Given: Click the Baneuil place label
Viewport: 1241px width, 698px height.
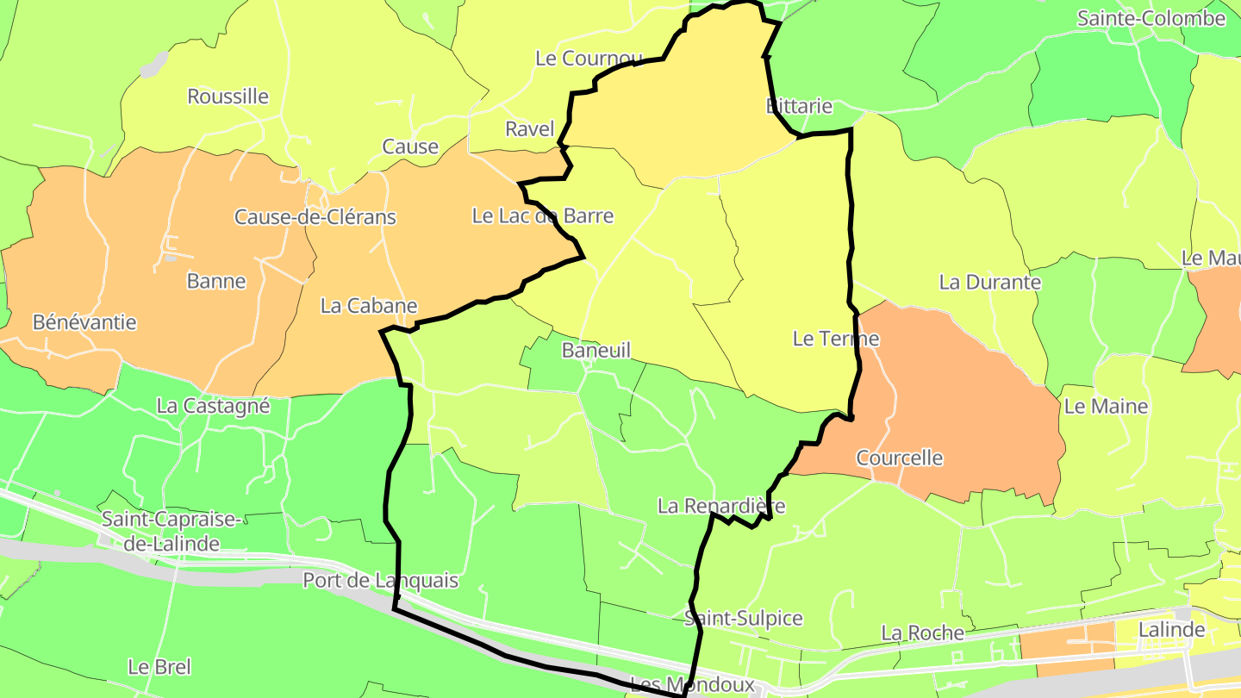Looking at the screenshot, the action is (596, 350).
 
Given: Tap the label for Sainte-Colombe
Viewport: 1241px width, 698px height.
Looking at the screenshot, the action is (1151, 18).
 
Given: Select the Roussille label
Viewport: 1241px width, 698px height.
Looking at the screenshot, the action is (228, 97).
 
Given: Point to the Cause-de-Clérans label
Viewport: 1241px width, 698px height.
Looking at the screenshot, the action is (315, 217).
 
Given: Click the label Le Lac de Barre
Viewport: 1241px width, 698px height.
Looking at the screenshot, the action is (543, 215).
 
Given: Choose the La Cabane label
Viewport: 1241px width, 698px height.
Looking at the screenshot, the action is (369, 306).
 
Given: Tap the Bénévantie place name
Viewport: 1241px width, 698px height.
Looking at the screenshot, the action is (84, 322).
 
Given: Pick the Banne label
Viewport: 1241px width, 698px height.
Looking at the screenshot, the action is (216, 281).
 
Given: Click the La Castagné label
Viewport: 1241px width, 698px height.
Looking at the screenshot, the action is (214, 406).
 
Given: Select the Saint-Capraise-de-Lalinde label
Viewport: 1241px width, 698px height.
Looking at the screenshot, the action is (160, 531).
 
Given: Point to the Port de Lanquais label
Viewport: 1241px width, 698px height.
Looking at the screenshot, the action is (380, 581).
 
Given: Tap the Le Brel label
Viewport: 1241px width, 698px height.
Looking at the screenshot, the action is (159, 667).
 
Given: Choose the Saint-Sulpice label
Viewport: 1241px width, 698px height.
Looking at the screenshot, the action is (744, 618).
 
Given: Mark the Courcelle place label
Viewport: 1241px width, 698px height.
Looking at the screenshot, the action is (900, 458).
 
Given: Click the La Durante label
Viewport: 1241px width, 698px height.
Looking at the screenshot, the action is (990, 282).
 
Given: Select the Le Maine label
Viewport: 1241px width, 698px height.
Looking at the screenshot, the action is (1107, 406).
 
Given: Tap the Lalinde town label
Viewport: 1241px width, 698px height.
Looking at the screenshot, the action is (1171, 630).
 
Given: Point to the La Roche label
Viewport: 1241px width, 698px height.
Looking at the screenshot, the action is (922, 633).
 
